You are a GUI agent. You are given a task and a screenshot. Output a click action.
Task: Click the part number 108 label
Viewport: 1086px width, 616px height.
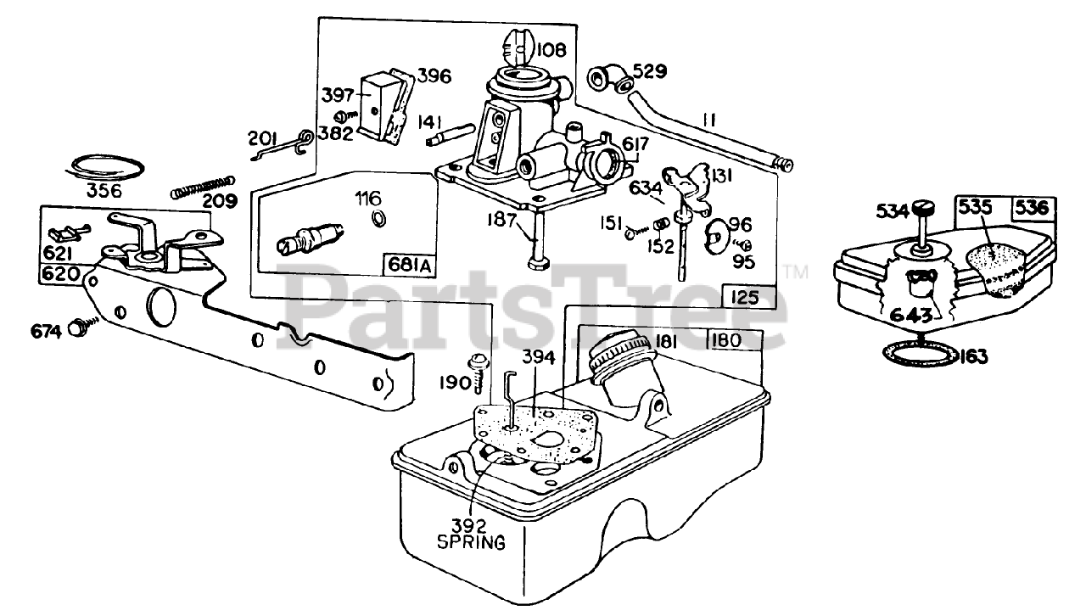click(x=551, y=51)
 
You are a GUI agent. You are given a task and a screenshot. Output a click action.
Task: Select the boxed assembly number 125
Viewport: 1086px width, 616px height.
click(x=748, y=299)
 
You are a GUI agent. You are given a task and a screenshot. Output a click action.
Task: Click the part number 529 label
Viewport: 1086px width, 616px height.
click(x=649, y=71)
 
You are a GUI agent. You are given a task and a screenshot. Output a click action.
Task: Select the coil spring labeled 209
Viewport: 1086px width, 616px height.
click(x=201, y=187)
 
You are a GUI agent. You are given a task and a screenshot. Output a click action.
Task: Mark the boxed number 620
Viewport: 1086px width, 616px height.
click(x=60, y=275)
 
